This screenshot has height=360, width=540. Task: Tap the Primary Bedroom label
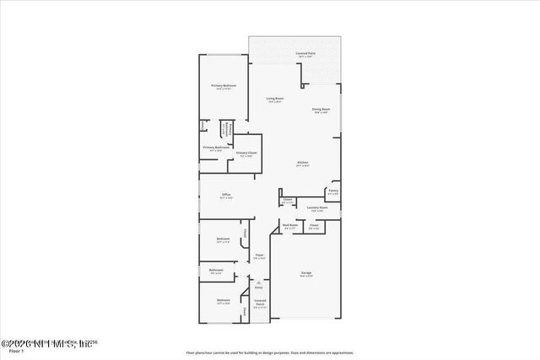[x=224, y=86]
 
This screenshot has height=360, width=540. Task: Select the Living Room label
[x=275, y=99]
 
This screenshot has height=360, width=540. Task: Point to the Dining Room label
[x=321, y=109]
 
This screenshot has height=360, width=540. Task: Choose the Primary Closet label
[x=246, y=153]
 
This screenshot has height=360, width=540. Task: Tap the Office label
[x=226, y=195]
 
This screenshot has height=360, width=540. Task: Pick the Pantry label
[x=333, y=191]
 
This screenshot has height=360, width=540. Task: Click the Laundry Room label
[x=317, y=207]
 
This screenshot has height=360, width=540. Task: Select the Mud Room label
[x=289, y=225]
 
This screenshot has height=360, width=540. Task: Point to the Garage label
[x=306, y=273]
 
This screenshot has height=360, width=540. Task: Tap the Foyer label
[x=260, y=255]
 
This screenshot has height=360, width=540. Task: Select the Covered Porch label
[x=260, y=302]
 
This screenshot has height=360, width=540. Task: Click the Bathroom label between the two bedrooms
[x=216, y=270]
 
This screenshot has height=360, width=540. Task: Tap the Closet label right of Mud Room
[x=314, y=225]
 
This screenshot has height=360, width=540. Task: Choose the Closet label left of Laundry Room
[x=288, y=200]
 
